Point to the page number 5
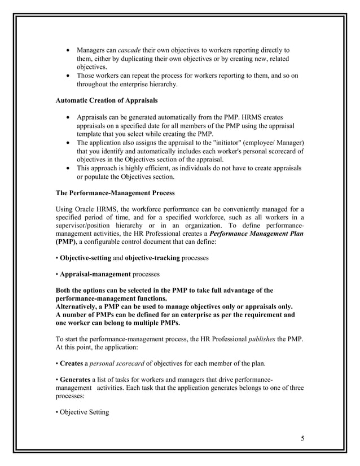pyautogui.click(x=303, y=438)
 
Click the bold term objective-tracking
pyautogui.click(x=156, y=258)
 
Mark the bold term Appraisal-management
pyautogui.click(x=95, y=274)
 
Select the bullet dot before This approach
pyautogui.click(x=68, y=168)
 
